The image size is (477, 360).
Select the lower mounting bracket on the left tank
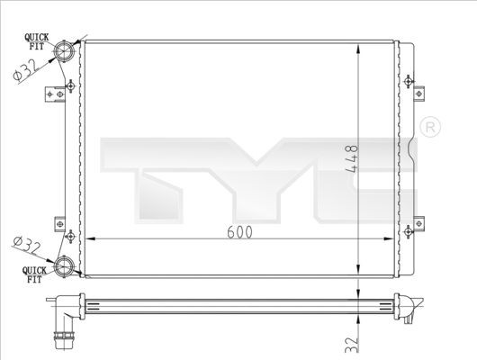(58, 221)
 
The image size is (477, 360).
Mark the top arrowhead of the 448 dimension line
(361, 45)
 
